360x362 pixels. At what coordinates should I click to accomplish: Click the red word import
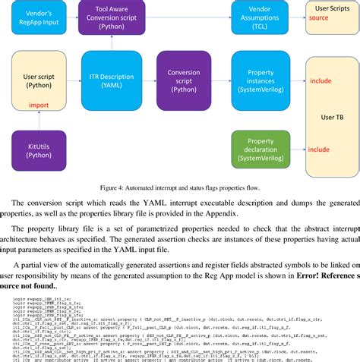(x=39, y=105)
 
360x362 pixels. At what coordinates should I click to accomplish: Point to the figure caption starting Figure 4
(x=179, y=187)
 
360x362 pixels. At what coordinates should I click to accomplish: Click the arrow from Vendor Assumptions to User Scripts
(x=297, y=17)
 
